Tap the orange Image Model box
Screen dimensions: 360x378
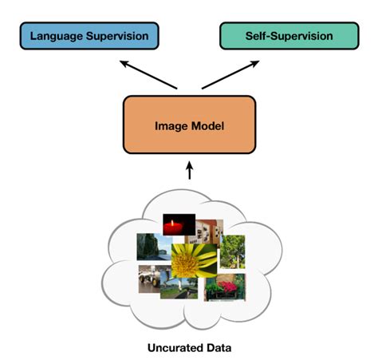[189, 125]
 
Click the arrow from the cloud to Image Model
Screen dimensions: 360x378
[189, 171]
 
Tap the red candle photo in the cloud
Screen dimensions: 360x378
[179, 226]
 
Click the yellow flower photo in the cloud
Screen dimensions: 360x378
[191, 263]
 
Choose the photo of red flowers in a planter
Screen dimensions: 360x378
[225, 287]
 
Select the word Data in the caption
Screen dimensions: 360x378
[219, 347]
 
